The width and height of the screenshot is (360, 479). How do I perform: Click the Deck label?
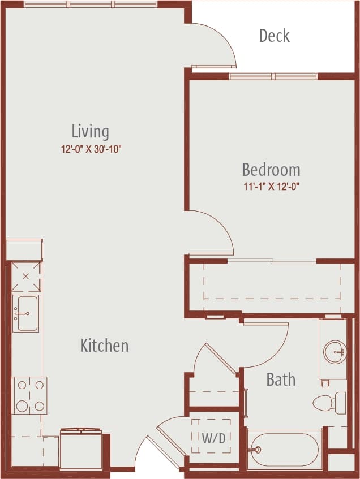274,36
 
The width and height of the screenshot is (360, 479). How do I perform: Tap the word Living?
90,132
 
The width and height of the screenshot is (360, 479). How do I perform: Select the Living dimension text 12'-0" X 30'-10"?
92,149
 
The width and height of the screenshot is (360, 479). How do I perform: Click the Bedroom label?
271,170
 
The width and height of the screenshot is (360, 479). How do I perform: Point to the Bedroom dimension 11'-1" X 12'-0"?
271,187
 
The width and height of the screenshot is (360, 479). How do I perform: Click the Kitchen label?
104,346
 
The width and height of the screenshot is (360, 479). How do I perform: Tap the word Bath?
281,379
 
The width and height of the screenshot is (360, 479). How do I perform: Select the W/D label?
211,438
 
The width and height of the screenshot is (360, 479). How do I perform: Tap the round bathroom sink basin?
335,352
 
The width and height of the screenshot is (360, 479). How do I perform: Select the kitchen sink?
26,313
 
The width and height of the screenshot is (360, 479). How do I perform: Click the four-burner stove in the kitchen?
30,395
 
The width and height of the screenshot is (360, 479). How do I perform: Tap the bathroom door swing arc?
266,345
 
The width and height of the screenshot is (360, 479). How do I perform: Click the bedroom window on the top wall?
273,76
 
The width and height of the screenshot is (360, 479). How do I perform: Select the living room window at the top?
91,5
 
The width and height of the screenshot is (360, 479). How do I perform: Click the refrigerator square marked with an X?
26,277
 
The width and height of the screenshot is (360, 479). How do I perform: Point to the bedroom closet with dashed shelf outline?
272,287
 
